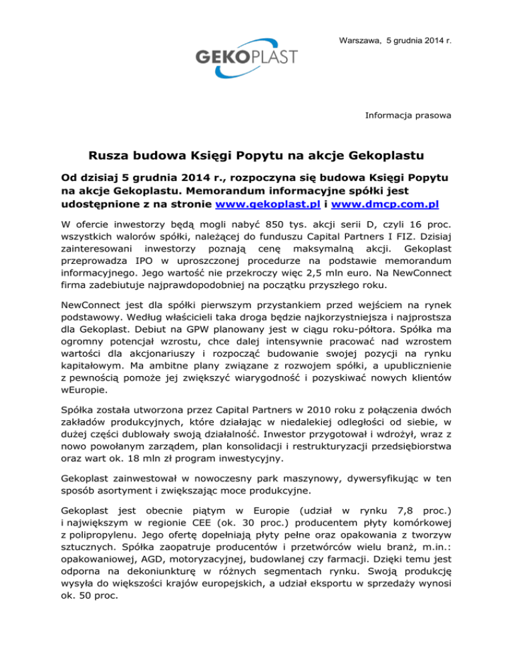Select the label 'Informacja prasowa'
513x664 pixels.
coord(407,116)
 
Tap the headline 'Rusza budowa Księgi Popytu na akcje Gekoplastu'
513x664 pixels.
coord(256,158)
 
